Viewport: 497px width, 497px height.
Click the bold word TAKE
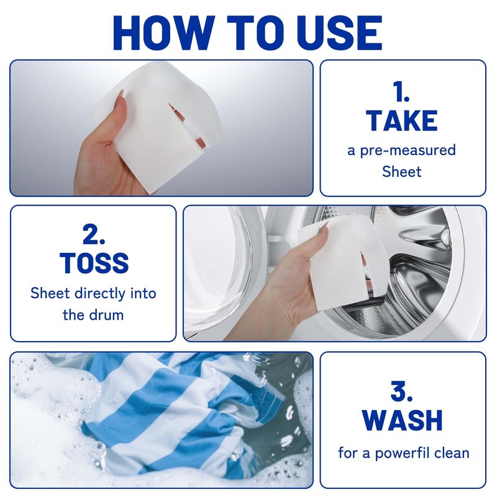coord(401,120)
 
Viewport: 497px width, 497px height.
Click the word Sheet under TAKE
coord(401,171)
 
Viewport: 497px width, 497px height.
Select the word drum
coord(106,314)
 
